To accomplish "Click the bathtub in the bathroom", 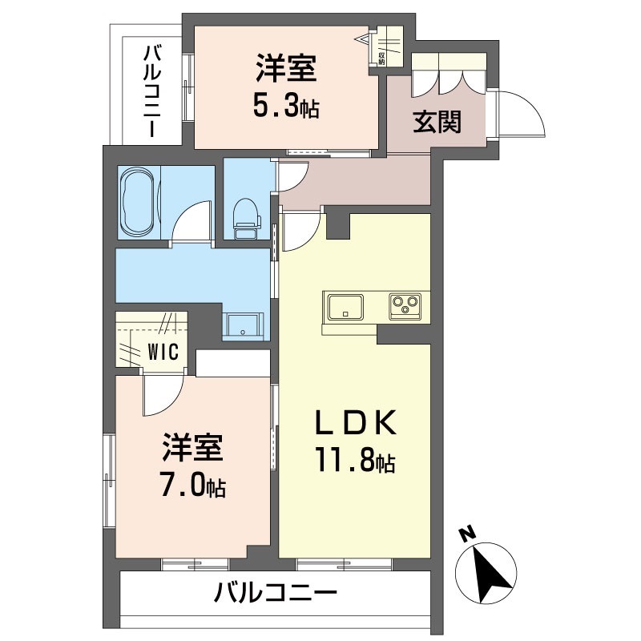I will point(138,203).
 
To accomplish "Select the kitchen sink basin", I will point(345,306).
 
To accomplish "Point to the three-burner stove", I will point(405,306).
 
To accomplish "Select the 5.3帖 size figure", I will point(286,105).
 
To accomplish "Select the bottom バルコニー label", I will point(276,595).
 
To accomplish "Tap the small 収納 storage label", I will point(381,58).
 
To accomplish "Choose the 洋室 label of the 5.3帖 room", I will point(286,69).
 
